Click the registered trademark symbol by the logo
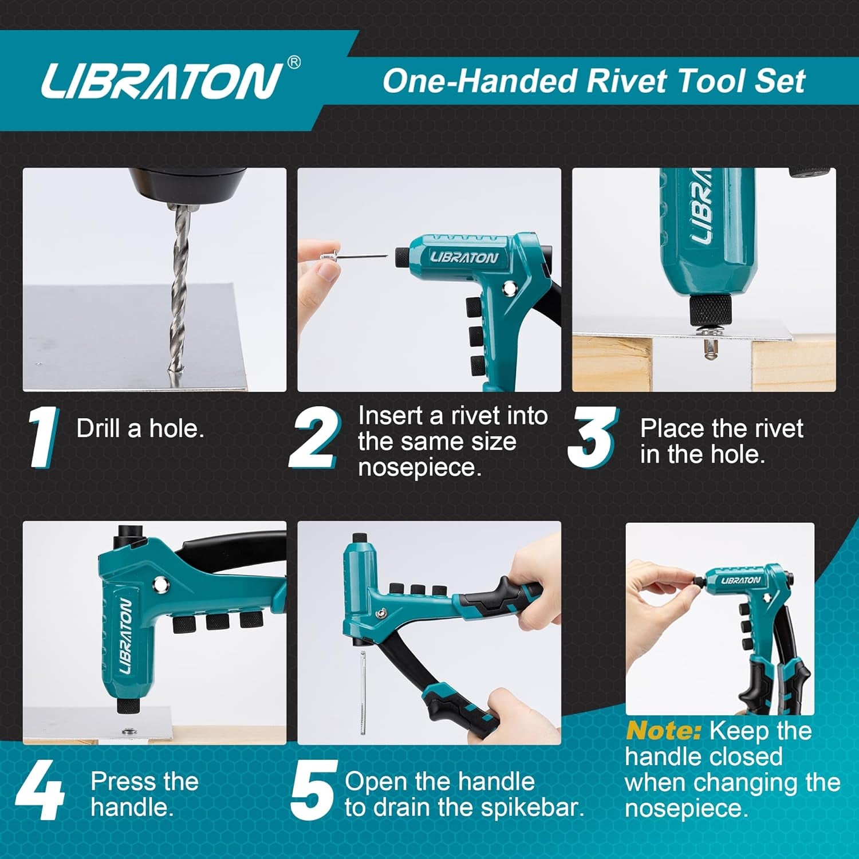293,62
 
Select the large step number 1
44,437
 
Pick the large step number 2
314,438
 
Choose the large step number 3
592,437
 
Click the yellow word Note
663,731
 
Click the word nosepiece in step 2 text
420,468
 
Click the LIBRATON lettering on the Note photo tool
740,581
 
